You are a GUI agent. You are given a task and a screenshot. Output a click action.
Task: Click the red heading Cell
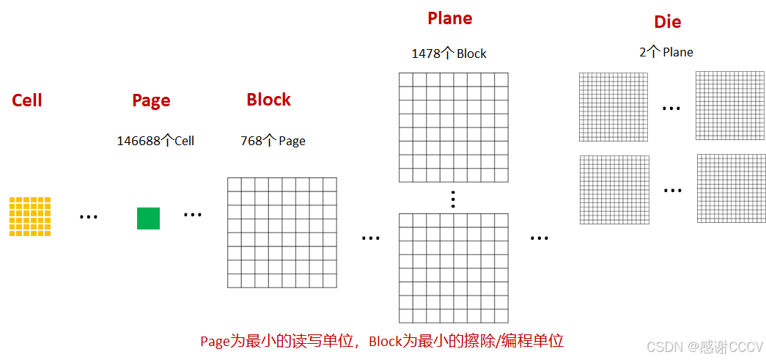(x=27, y=100)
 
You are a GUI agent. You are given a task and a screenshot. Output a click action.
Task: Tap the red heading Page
(x=151, y=100)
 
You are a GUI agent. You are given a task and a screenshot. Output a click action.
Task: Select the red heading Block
(x=268, y=100)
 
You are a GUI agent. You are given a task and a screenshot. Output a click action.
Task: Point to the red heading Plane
(x=449, y=18)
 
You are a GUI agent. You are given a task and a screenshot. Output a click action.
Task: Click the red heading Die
(x=667, y=22)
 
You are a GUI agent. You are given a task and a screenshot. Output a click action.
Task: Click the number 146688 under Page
(x=139, y=141)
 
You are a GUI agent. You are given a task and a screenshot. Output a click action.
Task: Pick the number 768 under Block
(x=251, y=141)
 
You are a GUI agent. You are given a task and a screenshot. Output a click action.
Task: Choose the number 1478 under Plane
(x=425, y=54)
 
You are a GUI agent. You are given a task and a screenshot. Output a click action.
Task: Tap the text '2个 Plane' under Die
(x=666, y=52)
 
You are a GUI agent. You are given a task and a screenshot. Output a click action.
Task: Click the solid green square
(x=148, y=218)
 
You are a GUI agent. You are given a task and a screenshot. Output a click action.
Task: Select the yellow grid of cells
(x=30, y=216)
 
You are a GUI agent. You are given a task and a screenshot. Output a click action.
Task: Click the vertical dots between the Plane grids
(x=453, y=199)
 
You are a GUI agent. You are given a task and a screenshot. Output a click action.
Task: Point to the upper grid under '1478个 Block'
(x=453, y=127)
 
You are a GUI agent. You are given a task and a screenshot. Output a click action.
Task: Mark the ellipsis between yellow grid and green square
(x=89, y=217)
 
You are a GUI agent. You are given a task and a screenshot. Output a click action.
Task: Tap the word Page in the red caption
(x=215, y=342)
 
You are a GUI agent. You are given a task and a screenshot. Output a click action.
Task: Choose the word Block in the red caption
(x=385, y=342)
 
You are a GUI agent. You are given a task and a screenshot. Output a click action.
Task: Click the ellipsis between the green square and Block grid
(x=193, y=215)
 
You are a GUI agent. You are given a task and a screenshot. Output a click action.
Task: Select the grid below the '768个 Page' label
(x=281, y=232)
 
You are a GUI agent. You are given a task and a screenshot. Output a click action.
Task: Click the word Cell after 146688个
(x=184, y=141)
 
